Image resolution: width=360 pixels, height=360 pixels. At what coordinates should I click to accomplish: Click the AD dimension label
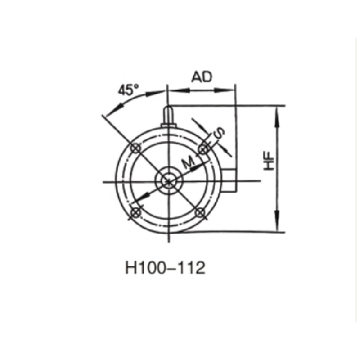(201, 77)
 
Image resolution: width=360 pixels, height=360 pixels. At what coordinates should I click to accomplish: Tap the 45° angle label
(128, 90)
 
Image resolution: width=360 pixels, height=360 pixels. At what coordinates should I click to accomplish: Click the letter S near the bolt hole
(219, 133)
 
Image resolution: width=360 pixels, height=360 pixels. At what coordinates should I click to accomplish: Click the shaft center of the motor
(168, 181)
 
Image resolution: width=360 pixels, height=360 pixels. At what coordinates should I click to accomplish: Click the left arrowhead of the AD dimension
(173, 90)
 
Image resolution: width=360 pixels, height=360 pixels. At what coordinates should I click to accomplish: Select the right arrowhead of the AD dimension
(231, 90)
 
